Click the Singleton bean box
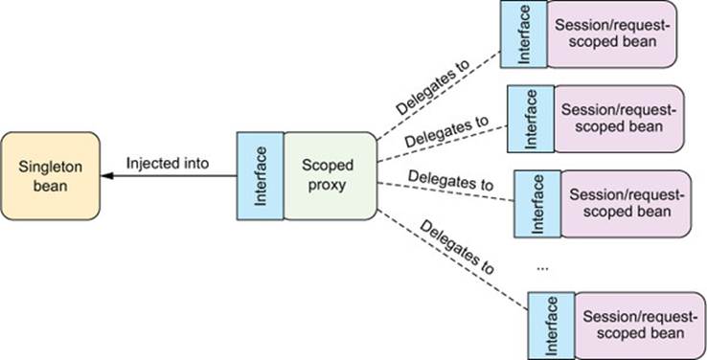50,176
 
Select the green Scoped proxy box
331,176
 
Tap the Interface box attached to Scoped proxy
261,176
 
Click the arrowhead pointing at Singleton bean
107,176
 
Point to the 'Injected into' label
168,163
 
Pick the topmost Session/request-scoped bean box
612,34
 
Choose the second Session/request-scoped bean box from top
619,119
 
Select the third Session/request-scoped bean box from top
627,204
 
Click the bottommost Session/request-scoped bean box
640,326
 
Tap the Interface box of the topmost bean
524,34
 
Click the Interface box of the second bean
531,119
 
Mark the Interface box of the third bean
538,204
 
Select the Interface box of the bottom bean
552,326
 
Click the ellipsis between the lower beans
542,268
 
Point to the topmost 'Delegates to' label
433,87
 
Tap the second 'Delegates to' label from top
446,131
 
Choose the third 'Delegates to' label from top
451,179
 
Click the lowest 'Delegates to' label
457,246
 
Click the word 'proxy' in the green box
327,185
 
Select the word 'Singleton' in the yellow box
51,168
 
